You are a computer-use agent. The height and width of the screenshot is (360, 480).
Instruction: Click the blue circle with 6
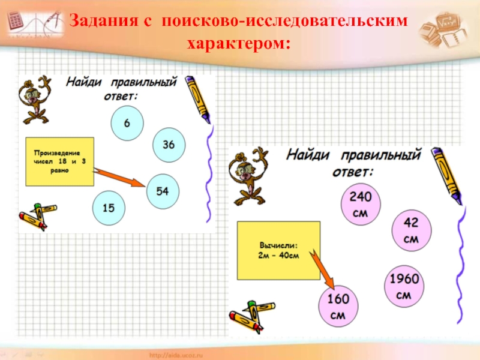click(x=127, y=123)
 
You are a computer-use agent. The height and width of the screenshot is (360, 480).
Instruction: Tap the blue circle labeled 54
click(x=162, y=191)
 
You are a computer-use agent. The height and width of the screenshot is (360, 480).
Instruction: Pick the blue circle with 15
click(x=109, y=208)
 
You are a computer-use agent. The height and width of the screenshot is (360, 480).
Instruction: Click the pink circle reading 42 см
click(x=410, y=230)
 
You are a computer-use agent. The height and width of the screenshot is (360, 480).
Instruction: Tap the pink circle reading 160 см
click(x=338, y=306)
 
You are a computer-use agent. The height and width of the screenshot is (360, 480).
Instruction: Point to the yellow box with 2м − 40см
click(x=278, y=251)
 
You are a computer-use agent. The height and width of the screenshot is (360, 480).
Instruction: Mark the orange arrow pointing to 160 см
click(x=322, y=271)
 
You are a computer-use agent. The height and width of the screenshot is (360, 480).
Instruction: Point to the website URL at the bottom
click(x=187, y=355)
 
